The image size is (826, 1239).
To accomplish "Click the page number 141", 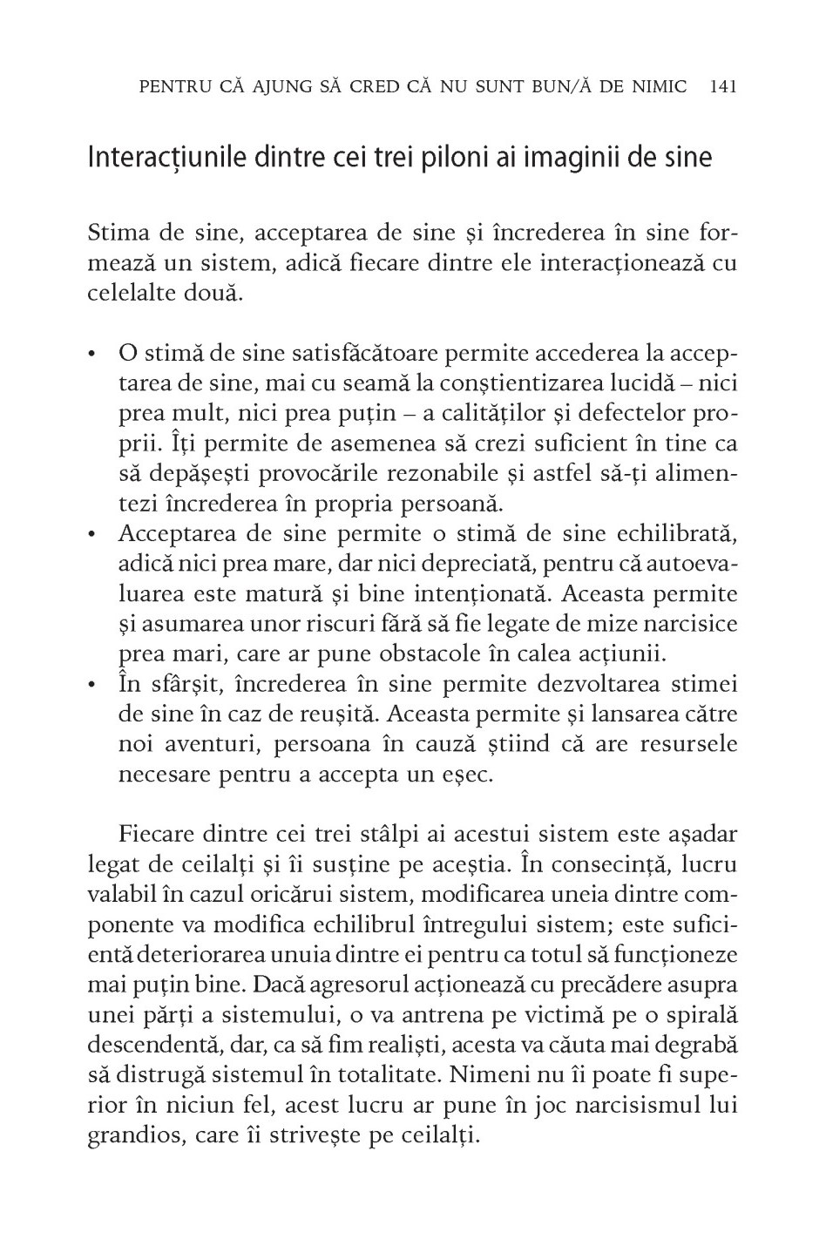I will [x=725, y=86].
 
